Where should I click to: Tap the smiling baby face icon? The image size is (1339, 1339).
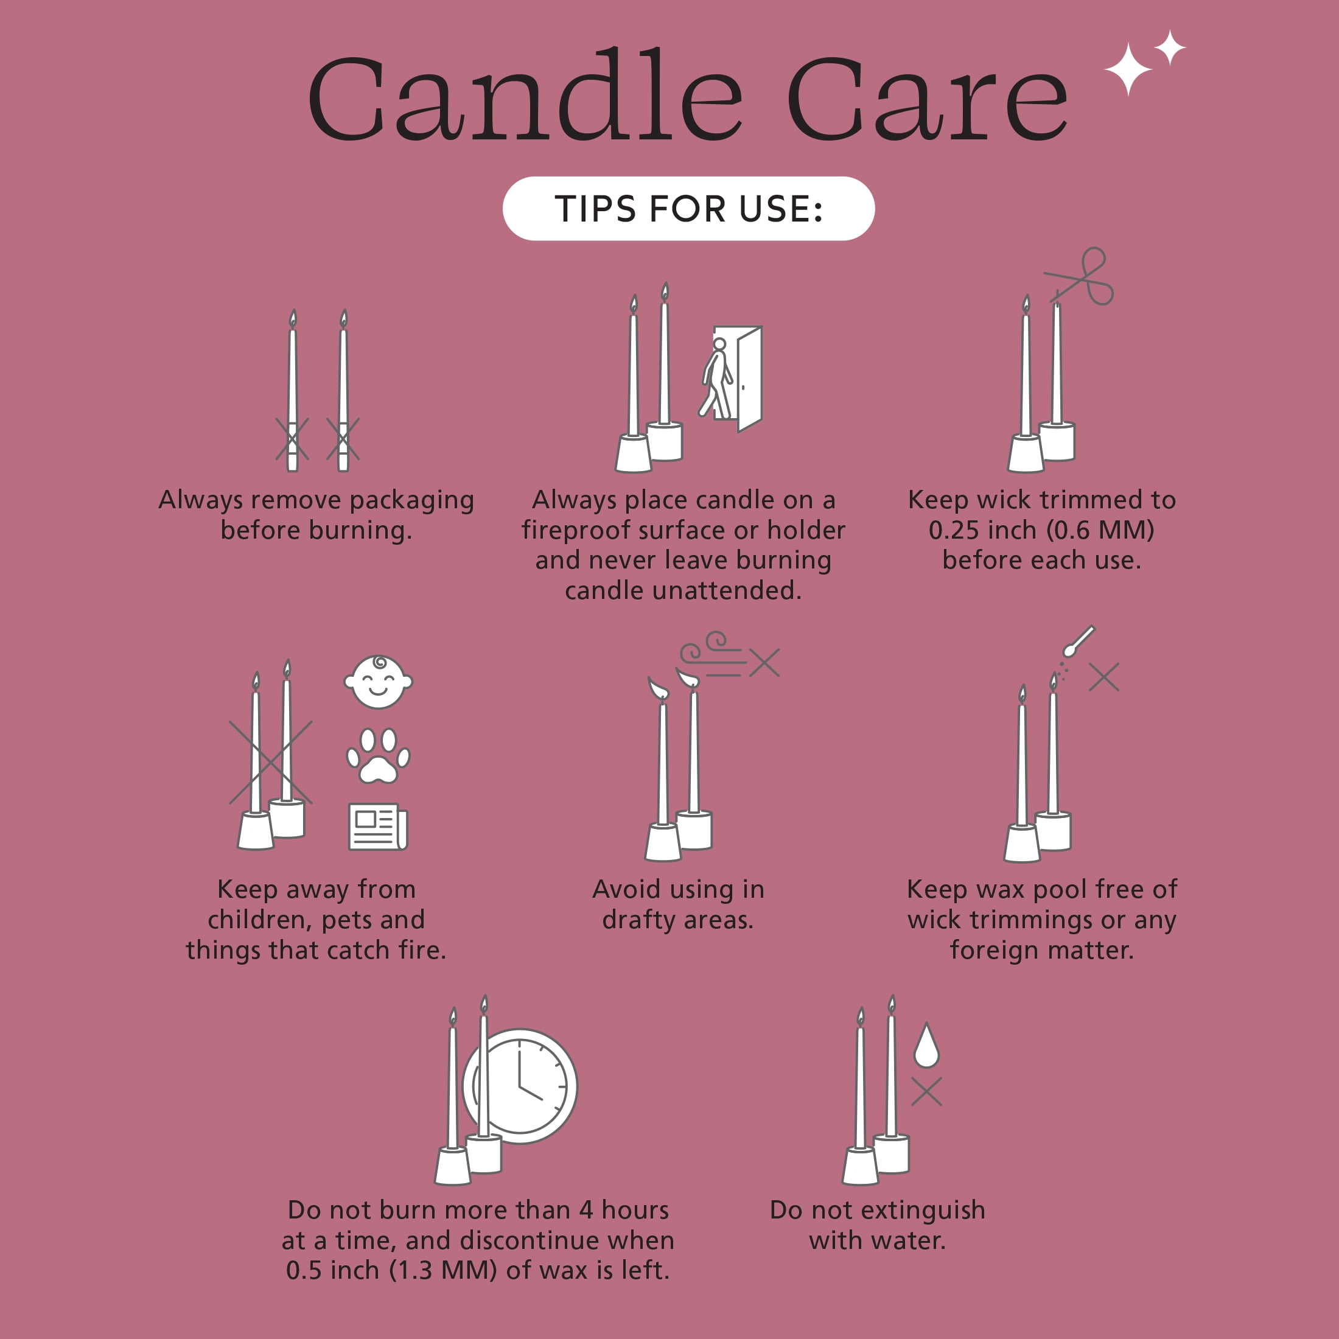tap(379, 681)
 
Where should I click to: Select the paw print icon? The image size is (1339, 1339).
tap(379, 755)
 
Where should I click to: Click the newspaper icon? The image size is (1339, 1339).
tap(379, 827)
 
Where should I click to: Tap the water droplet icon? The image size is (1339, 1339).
tap(926, 1045)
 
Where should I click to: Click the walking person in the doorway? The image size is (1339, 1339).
tap(716, 378)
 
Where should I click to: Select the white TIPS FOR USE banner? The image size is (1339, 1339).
tap(688, 209)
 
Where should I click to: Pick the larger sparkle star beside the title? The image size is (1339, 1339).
tap(1128, 69)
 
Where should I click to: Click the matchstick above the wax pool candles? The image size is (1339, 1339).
tap(1079, 641)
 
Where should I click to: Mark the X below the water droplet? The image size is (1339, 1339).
tap(926, 1091)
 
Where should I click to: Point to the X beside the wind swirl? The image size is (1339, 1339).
tap(764, 663)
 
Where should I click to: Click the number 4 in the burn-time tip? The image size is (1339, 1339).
tap(586, 1209)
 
